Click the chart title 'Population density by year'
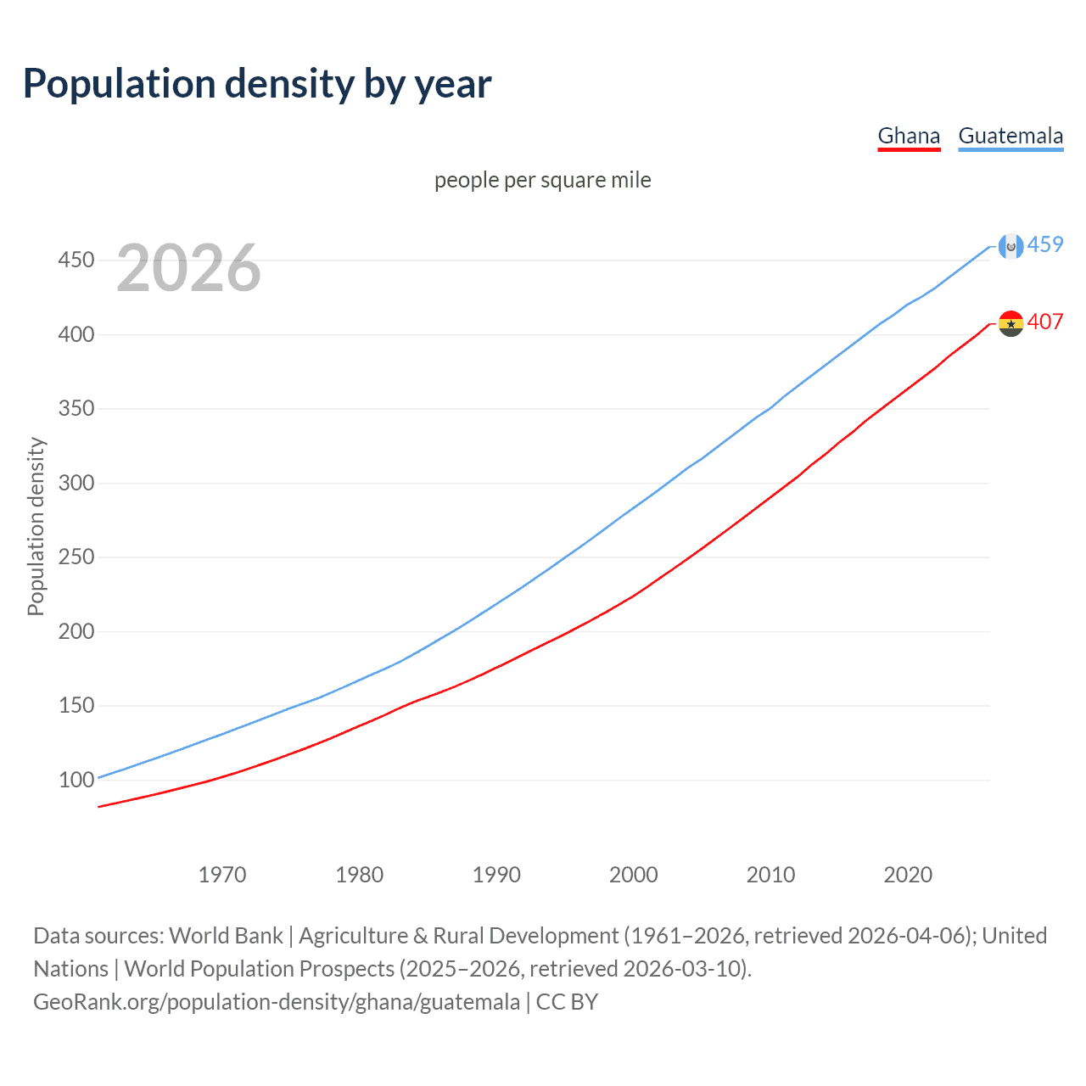pos(257,84)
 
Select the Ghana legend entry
pos(909,136)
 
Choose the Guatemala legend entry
pos(1010,136)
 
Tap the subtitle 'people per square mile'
pos(543,180)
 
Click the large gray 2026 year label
pos(188,268)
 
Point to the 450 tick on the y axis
pos(76,260)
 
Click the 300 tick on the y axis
pos(76,483)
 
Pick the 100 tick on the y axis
pos(76,780)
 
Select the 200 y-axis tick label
pos(76,631)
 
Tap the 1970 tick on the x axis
pos(222,875)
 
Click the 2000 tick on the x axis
pos(634,875)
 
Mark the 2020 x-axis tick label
pos(908,875)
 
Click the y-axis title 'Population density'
pos(36,526)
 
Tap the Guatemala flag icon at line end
pos(1010,246)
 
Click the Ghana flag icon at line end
pos(1010,323)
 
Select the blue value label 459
pos(1045,244)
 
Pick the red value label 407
pos(1045,322)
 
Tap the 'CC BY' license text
pos(567,1001)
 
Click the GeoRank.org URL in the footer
pos(277,1001)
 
